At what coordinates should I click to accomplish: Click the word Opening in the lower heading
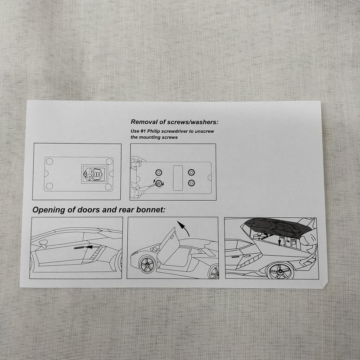pos(49,210)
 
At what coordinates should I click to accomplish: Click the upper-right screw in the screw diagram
pos(191,172)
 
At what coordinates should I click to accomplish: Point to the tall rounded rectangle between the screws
pos(178,178)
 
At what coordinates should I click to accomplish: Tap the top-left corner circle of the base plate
pos(49,162)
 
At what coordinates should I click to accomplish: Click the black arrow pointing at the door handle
pos(94,247)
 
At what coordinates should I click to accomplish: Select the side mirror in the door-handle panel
pos(43,243)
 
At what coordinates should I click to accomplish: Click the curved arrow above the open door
pos(184,228)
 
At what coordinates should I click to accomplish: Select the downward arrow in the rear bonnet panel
pos(280,241)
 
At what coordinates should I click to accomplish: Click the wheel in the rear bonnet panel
pos(280,271)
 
